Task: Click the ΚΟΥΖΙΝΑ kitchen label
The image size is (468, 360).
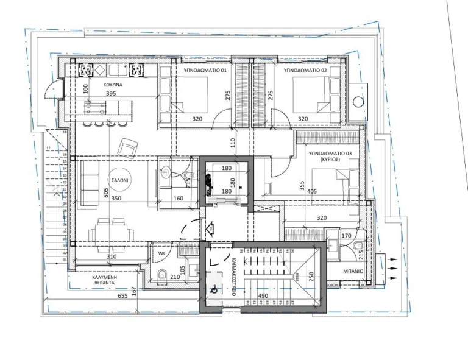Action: (113, 85)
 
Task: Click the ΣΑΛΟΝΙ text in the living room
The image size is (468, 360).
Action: (119, 182)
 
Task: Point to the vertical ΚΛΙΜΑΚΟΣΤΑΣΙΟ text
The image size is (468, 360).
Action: (233, 277)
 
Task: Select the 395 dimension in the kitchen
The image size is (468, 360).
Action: (111, 94)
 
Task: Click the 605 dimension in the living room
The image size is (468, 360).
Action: (106, 193)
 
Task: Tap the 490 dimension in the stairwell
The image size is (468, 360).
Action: (278, 296)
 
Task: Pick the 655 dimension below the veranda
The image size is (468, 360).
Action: (122, 297)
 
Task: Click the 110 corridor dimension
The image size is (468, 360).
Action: (232, 141)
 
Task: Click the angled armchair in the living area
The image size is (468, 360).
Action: (128, 146)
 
